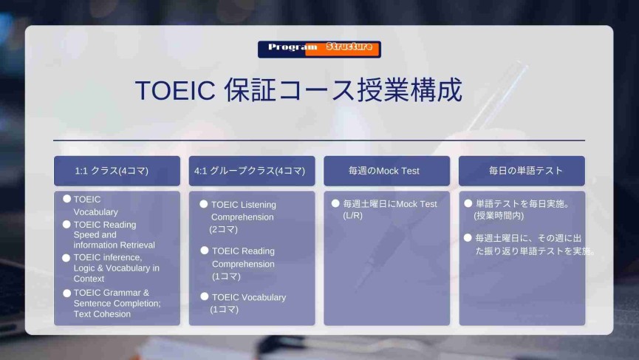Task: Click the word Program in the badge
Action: [x=293, y=47]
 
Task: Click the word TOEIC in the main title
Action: [x=175, y=90]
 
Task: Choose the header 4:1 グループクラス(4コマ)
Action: [x=250, y=171]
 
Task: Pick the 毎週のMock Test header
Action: [x=384, y=171]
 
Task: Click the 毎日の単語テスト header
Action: [x=526, y=171]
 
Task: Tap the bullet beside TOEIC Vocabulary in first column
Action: [x=66, y=199]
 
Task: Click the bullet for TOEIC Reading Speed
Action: [x=66, y=224]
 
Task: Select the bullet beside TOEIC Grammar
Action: [x=66, y=293]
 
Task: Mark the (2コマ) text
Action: [x=224, y=229]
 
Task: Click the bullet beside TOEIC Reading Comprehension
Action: [x=205, y=251]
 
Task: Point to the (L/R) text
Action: [x=352, y=215]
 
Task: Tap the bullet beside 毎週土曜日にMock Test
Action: [x=335, y=203]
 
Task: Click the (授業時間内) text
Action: [x=499, y=216]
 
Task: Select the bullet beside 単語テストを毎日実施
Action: [x=468, y=203]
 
